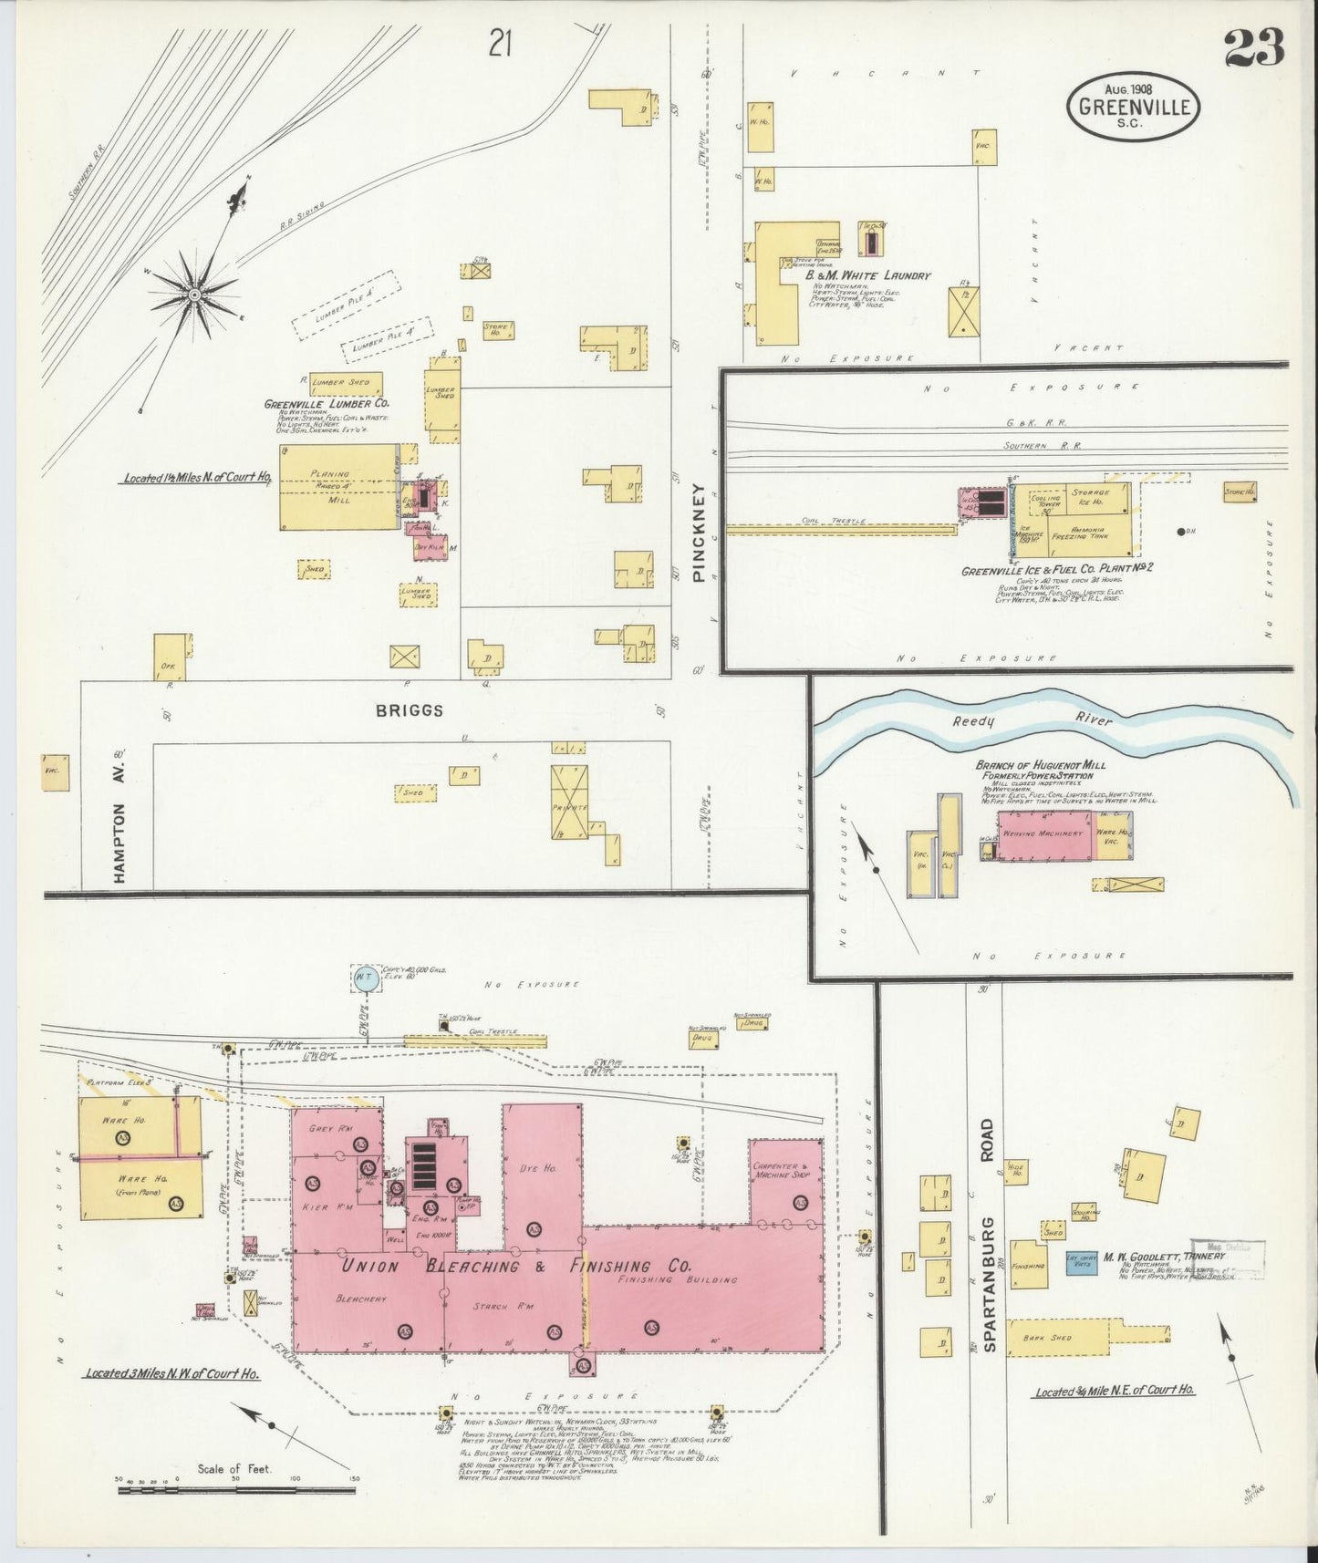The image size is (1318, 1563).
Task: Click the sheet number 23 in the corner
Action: click(1254, 48)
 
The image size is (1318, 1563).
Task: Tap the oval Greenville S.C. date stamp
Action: click(1134, 105)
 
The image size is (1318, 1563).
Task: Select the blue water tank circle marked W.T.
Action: click(364, 978)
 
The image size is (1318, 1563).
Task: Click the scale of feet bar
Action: click(234, 1491)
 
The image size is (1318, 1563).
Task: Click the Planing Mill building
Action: click(339, 487)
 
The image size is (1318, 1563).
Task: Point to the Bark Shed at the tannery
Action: click(1057, 1337)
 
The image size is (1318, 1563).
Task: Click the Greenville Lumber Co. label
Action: click(327, 403)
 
